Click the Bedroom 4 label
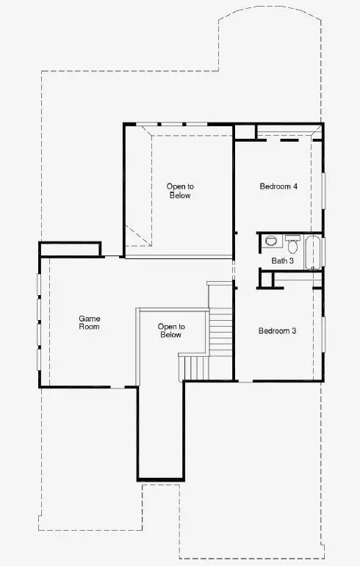click(x=278, y=186)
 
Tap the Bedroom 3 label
click(x=277, y=330)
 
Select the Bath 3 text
click(x=282, y=261)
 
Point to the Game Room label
click(x=89, y=322)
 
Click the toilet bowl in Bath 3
click(x=292, y=247)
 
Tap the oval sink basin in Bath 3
click(x=270, y=241)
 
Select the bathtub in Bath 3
click(x=313, y=253)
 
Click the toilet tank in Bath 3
click(x=292, y=239)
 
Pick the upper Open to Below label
click(x=180, y=191)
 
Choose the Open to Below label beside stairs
click(x=171, y=330)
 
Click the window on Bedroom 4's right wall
click(x=323, y=191)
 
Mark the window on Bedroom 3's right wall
click(x=323, y=334)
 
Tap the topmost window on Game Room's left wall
click(x=39, y=285)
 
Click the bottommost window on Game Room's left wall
click(x=39, y=359)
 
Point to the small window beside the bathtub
click(x=323, y=253)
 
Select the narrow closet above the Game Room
click(x=70, y=250)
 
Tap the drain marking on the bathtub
click(x=313, y=268)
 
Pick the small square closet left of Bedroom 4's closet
click(x=245, y=132)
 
